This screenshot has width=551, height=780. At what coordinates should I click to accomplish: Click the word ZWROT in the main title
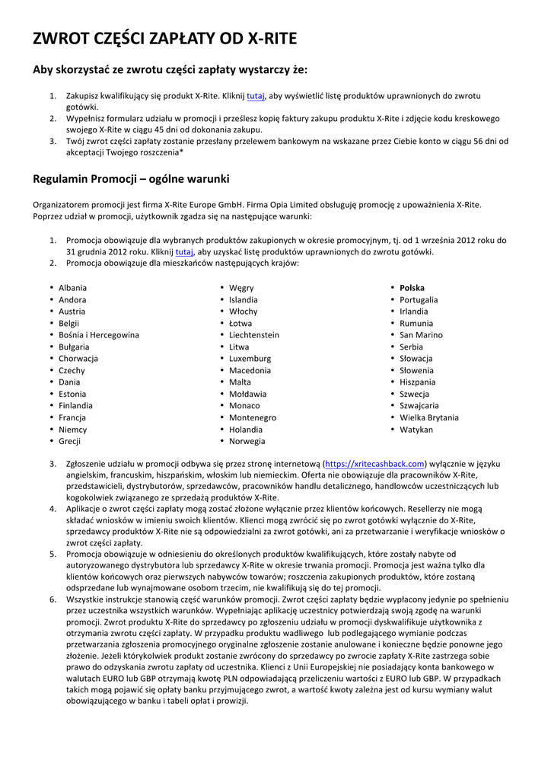(59, 39)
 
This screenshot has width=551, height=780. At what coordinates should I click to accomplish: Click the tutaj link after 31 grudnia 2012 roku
(183, 251)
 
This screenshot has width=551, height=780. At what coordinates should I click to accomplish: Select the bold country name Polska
(412, 288)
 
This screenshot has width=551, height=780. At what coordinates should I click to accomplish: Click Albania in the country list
(72, 288)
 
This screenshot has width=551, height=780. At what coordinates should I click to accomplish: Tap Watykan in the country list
(416, 430)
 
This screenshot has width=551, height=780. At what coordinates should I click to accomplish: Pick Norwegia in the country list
(247, 441)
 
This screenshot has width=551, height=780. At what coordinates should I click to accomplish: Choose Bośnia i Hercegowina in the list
(99, 335)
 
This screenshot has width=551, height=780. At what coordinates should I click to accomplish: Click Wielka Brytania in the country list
(429, 417)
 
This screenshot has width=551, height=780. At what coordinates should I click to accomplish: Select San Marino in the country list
(421, 335)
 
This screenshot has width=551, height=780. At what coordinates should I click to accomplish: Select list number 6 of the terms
(53, 599)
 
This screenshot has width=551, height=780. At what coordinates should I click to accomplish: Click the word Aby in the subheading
(43, 70)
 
